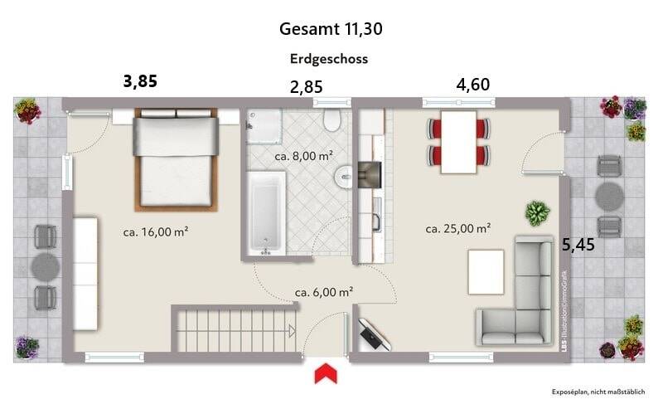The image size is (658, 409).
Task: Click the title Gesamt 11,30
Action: [331, 29]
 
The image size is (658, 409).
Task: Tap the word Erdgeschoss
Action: [329, 59]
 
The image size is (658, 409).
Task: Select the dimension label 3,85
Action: [140, 80]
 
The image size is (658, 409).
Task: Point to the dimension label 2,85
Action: [305, 85]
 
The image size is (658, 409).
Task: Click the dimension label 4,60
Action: [472, 84]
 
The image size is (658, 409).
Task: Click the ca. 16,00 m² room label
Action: [155, 232]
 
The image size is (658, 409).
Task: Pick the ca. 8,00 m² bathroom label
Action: [303, 155]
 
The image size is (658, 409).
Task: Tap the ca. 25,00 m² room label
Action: [458, 228]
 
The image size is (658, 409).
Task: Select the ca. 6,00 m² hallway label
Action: [325, 291]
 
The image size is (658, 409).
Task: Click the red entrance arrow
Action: [326, 374]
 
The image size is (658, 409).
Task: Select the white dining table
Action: [458, 142]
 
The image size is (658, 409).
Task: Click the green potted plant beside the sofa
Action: [537, 213]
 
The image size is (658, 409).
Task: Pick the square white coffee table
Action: [486, 272]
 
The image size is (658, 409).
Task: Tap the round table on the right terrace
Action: [609, 197]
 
